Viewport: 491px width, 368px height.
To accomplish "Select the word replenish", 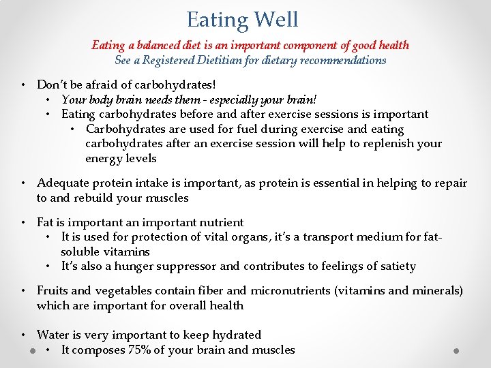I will point(385,144).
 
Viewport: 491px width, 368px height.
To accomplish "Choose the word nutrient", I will point(220,222).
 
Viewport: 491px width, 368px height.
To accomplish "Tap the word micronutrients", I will point(291,290).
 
